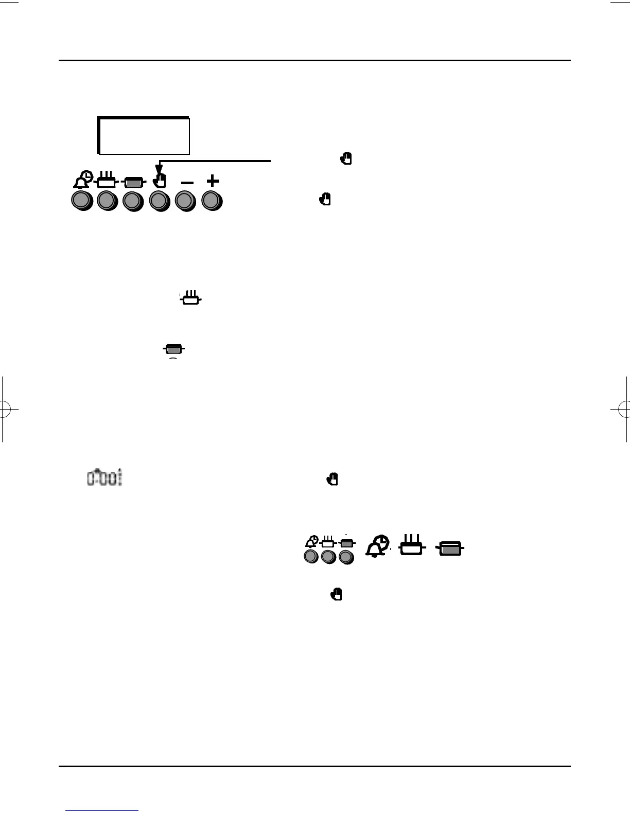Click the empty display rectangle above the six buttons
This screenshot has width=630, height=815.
click(144, 136)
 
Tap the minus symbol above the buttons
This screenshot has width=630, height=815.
click(187, 183)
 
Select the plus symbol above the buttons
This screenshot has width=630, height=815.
click(213, 181)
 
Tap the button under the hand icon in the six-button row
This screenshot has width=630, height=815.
click(159, 201)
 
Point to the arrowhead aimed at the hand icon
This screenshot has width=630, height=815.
click(159, 169)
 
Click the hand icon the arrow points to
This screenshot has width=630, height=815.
click(160, 181)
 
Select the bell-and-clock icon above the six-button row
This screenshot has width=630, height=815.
click(82, 180)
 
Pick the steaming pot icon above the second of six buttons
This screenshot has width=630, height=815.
click(107, 181)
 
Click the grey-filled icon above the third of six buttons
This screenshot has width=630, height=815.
click(133, 182)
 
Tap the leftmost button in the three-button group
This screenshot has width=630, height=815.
click(311, 556)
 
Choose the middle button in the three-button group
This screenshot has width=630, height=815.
click(328, 556)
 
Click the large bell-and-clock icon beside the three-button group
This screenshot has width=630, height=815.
click(378, 546)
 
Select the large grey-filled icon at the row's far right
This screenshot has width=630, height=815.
click(451, 548)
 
